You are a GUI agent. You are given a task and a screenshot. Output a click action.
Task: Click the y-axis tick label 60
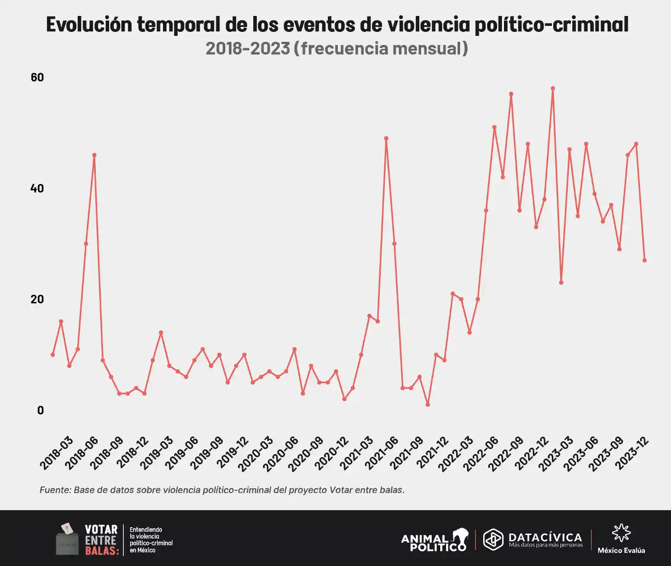[x=37, y=77]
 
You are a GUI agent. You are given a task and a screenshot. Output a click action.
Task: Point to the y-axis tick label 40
[x=37, y=188]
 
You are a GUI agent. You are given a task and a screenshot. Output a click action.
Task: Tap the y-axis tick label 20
[x=37, y=299]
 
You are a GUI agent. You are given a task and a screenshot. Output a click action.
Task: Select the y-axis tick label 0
[x=40, y=410]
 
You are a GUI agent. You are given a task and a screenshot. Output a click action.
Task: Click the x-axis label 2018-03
[x=57, y=452]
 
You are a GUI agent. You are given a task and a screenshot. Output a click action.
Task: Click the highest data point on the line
[x=553, y=88]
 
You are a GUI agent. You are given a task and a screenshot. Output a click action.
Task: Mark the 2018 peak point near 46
[x=94, y=155]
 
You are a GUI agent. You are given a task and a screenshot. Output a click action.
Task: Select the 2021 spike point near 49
[x=386, y=138]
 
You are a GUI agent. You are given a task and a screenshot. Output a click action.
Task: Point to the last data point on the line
[x=645, y=260]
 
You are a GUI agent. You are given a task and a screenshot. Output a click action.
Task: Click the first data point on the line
[x=52, y=354]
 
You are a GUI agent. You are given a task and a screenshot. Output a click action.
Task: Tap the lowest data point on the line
[x=428, y=405]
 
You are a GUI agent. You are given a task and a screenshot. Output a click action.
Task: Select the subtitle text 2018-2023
[x=248, y=48]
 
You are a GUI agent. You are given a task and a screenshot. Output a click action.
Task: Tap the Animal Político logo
[x=435, y=540]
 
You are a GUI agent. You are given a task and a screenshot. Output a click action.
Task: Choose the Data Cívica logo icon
[x=493, y=540]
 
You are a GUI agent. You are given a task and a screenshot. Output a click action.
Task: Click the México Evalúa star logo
[x=621, y=533]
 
